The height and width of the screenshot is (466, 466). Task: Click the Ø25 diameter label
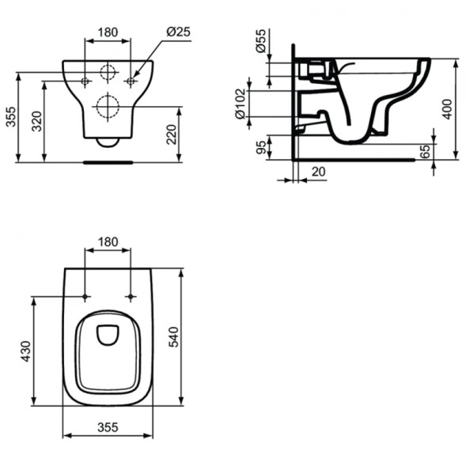pos(179,32)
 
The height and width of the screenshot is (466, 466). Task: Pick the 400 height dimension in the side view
pos(448,109)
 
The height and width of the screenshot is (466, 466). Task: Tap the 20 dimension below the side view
pos(318,171)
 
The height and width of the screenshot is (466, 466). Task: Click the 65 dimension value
pos(425,151)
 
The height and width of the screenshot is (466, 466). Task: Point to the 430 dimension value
pos(25,350)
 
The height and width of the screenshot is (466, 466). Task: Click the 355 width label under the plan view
pos(108,426)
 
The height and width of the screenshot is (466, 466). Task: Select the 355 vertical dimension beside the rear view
pos(9,116)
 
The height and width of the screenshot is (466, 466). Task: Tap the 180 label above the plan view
pos(108,240)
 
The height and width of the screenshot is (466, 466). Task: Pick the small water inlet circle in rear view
pos(108,74)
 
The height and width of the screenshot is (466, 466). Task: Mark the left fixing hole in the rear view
pos(85,81)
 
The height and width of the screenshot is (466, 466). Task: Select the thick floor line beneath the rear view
pos(108,161)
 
